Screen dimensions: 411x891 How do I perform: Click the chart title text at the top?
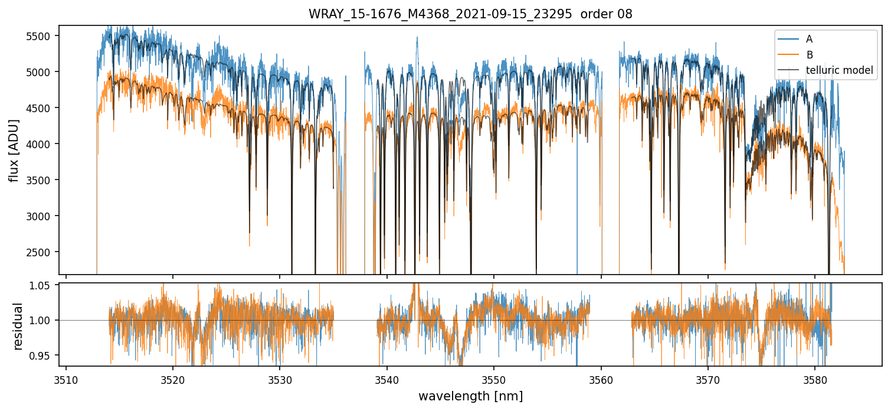[470, 14]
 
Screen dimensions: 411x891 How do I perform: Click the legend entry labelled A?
[809, 39]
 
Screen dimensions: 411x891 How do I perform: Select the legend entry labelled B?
[809, 55]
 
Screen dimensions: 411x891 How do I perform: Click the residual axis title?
[18, 326]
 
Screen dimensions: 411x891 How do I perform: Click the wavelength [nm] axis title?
[470, 396]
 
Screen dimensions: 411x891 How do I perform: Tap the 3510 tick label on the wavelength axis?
[66, 379]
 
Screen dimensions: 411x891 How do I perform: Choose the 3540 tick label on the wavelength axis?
[386, 379]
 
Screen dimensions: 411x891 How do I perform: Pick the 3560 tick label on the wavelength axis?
[601, 379]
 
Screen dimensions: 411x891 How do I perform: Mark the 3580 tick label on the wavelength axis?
[815, 379]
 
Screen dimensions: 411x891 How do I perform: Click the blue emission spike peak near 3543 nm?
[417, 37]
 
